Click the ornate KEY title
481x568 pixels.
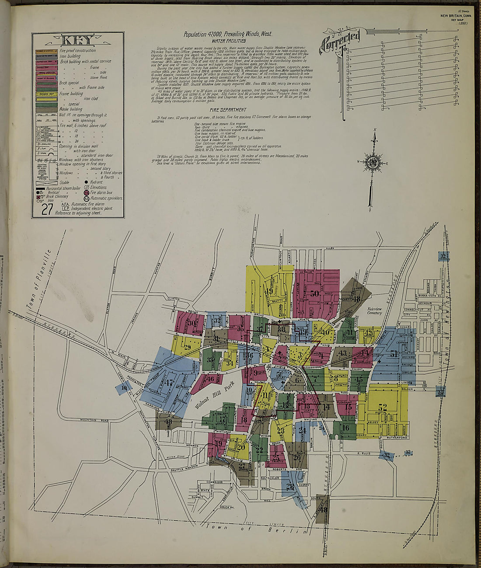click(77, 41)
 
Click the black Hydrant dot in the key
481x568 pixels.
click(86, 182)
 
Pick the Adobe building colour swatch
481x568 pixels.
click(46, 105)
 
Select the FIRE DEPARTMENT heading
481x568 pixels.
click(227, 110)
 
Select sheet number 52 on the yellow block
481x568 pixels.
click(383, 408)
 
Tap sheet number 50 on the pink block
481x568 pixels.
click(314, 294)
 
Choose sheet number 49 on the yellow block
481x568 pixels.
click(269, 291)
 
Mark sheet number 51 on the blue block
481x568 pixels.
click(394, 354)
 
